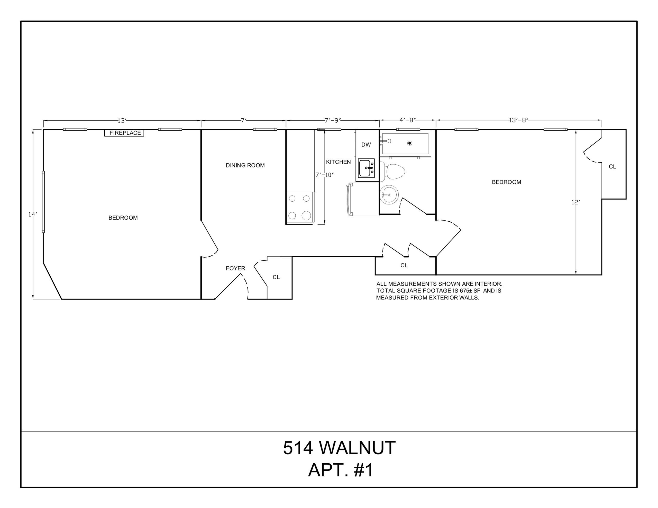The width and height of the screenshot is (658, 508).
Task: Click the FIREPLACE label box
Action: [124, 133]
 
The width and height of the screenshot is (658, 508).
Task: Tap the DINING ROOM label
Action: [245, 165]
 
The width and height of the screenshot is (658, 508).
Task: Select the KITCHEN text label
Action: [338, 162]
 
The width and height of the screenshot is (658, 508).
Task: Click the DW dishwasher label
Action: [366, 145]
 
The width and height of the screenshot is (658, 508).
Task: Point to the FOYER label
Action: [235, 268]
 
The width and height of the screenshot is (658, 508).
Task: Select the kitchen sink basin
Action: [366, 168]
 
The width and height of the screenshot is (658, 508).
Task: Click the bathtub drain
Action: [409, 143]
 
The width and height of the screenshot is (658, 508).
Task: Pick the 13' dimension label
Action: [122, 121]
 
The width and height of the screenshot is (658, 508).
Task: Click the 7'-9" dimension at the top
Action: [333, 120]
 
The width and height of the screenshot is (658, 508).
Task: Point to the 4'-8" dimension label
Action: [408, 120]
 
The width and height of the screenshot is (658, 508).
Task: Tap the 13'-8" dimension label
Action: [518, 120]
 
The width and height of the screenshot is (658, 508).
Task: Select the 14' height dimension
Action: [33, 214]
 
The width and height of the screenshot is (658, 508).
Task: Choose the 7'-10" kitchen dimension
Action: [324, 175]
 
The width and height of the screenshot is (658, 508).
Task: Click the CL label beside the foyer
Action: [276, 277]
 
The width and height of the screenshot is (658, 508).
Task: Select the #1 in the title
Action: [363, 470]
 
